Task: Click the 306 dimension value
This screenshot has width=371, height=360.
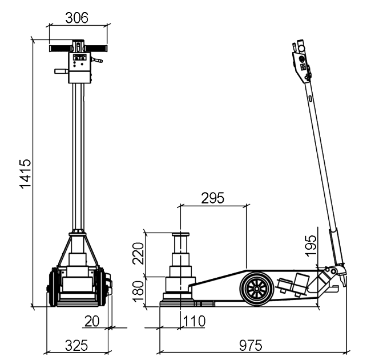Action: (x=76, y=18)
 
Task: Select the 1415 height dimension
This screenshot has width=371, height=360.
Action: (x=25, y=174)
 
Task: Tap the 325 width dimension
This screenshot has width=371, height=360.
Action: (x=76, y=345)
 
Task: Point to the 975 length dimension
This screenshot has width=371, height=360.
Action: (x=251, y=345)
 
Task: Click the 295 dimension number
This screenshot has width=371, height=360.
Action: (x=212, y=198)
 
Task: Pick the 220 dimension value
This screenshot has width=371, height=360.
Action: (x=138, y=253)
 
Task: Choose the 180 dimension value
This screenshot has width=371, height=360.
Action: (x=138, y=291)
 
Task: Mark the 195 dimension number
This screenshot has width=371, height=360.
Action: (x=311, y=246)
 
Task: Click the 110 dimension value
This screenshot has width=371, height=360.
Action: (x=194, y=321)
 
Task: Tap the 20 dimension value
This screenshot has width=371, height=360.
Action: (x=92, y=321)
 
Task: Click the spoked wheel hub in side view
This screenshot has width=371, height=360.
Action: (x=257, y=289)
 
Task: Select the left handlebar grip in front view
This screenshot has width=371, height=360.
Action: (x=61, y=49)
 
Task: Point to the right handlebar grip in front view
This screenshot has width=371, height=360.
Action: (x=95, y=49)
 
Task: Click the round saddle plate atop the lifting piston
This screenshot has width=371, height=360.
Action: (x=181, y=234)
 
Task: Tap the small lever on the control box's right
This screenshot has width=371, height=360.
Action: (x=97, y=59)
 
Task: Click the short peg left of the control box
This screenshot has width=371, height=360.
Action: (x=61, y=71)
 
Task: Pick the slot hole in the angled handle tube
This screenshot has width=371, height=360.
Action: (x=310, y=98)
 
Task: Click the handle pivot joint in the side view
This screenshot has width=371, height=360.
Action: (x=333, y=270)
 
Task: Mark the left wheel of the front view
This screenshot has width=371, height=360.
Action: (x=54, y=287)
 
